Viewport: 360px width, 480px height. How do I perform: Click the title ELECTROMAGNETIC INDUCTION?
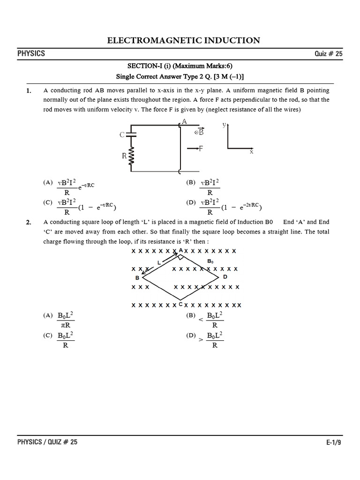pos(184,40)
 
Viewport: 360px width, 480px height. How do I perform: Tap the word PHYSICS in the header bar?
pos(31,53)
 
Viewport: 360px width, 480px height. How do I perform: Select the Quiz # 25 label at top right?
pos(329,54)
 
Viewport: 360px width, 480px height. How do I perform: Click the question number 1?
pos(29,90)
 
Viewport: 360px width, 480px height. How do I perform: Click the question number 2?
pos(29,223)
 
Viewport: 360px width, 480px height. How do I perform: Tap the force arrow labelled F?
pos(195,149)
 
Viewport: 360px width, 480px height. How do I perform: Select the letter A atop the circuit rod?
pos(184,121)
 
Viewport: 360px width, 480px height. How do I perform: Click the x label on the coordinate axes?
pos(251,152)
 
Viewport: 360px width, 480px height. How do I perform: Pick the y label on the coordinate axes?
pos(224,125)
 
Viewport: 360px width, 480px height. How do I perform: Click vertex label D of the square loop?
pos(225,277)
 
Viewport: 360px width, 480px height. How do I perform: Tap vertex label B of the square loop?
pos(137,278)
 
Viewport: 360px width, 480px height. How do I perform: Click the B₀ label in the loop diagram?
pos(210,261)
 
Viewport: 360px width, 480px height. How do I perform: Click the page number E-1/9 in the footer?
pos(334,442)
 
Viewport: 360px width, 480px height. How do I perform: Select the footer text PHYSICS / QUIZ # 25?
pos(47,442)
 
